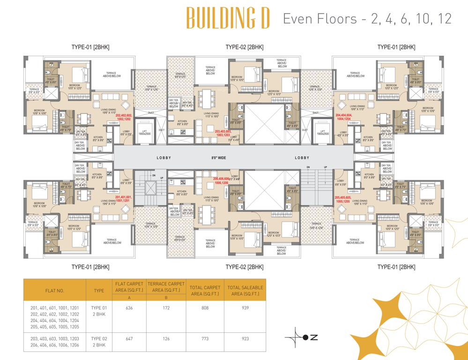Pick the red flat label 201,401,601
[x=123, y=199]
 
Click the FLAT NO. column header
[x=54, y=290]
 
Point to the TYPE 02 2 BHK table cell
[x=99, y=341]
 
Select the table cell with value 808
[x=206, y=308]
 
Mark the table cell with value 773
[x=206, y=337]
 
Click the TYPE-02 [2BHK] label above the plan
[x=244, y=47]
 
